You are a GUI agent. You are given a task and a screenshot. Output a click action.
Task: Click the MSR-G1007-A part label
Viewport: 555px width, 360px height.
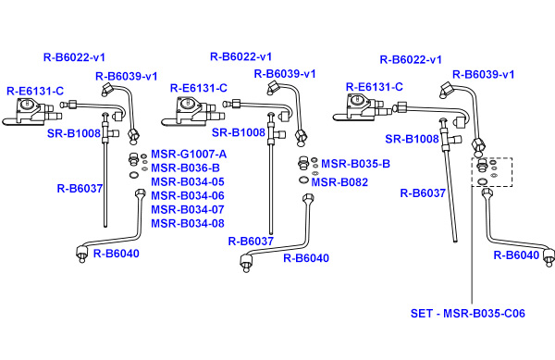click(189, 155)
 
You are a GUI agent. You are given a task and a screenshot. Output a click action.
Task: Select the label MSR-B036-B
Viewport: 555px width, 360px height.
click(185, 168)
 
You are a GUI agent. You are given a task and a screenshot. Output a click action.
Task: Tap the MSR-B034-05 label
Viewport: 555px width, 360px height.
click(188, 182)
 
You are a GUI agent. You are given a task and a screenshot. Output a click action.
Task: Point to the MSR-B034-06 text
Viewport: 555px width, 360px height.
click(188, 196)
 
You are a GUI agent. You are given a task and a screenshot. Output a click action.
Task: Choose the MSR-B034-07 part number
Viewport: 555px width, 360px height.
click(188, 209)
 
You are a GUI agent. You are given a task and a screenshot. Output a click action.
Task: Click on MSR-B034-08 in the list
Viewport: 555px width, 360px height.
click(188, 224)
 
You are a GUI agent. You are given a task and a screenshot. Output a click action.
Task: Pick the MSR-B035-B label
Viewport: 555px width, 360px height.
click(355, 164)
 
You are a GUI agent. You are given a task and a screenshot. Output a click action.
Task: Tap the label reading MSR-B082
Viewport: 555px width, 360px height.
click(339, 182)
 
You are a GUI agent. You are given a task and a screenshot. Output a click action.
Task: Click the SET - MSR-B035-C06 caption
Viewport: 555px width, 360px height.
click(467, 314)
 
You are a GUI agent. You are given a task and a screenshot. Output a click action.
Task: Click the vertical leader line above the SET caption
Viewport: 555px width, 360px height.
click(472, 245)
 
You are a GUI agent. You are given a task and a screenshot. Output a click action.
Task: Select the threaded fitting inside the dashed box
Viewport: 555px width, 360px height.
click(481, 166)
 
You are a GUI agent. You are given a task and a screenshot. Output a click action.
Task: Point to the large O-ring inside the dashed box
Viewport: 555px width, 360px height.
click(482, 182)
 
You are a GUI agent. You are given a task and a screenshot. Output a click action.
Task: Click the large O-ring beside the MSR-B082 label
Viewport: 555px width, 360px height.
click(303, 180)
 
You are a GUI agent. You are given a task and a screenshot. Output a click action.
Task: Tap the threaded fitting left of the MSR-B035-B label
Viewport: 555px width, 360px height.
click(303, 163)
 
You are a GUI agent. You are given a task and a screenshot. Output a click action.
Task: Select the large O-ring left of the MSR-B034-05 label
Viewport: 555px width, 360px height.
click(134, 175)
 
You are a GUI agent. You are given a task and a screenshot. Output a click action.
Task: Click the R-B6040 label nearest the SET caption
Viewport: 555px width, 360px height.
click(516, 255)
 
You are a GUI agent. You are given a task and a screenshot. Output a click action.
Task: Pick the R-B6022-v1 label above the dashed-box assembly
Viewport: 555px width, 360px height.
click(411, 59)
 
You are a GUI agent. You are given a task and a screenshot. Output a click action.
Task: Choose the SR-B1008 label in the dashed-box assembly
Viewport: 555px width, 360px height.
click(412, 139)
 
